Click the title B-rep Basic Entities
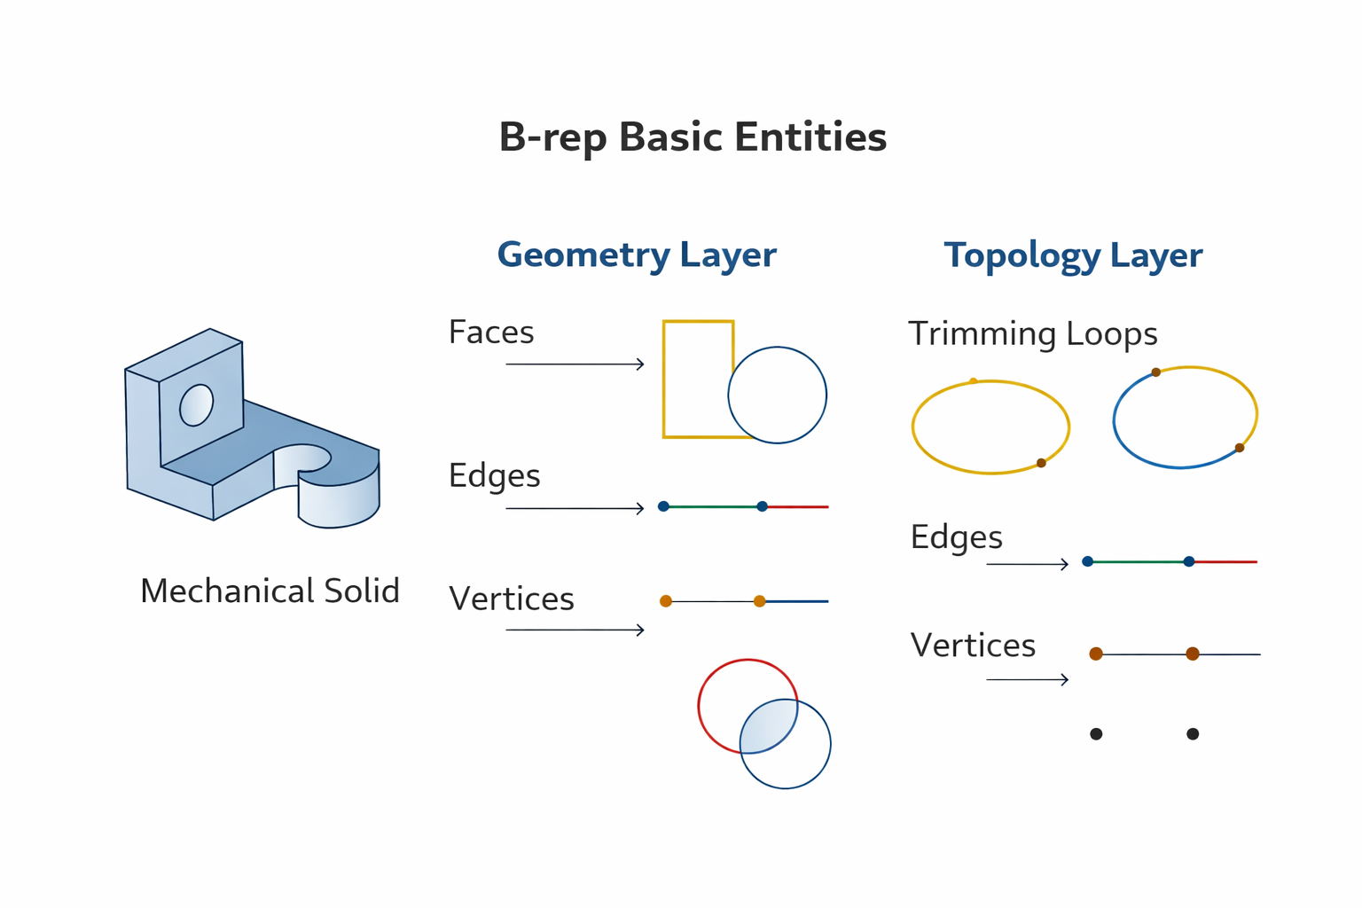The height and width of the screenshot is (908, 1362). pos(693,137)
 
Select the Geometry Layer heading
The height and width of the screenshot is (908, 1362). pos(637,254)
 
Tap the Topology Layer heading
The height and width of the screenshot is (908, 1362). pos(1073,255)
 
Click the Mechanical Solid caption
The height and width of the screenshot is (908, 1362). pos(270,591)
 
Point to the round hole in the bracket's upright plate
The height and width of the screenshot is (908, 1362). pos(196,405)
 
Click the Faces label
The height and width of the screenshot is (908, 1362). pos(491,333)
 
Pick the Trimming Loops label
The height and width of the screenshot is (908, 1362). pos(1033,334)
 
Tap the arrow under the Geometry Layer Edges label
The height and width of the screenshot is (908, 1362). pos(575,508)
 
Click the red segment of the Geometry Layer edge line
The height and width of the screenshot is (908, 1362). pos(797,507)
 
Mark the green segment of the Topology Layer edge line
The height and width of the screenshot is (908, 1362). pos(1138,561)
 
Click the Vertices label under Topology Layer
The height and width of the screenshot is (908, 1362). pos(973,646)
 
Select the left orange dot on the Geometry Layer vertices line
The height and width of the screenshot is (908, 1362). pos(666,601)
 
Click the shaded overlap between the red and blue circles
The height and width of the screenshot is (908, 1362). pos(768,726)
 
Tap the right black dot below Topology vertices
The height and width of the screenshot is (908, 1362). pos(1193,734)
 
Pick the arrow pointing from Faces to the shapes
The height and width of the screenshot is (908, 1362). pos(575,364)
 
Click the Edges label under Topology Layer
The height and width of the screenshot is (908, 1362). pos(956,537)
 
